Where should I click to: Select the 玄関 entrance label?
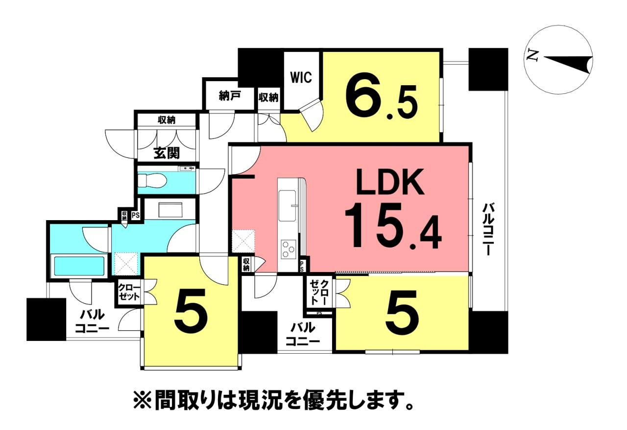[167, 153]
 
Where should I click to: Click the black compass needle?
[568, 63]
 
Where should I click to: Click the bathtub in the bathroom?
[79, 266]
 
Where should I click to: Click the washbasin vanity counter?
[170, 209]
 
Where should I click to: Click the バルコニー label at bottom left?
[92, 322]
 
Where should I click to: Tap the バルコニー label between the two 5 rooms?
[304, 334]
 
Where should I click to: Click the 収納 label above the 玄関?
[167, 120]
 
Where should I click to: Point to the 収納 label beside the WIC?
[268, 97]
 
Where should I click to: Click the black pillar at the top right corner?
[488, 69]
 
